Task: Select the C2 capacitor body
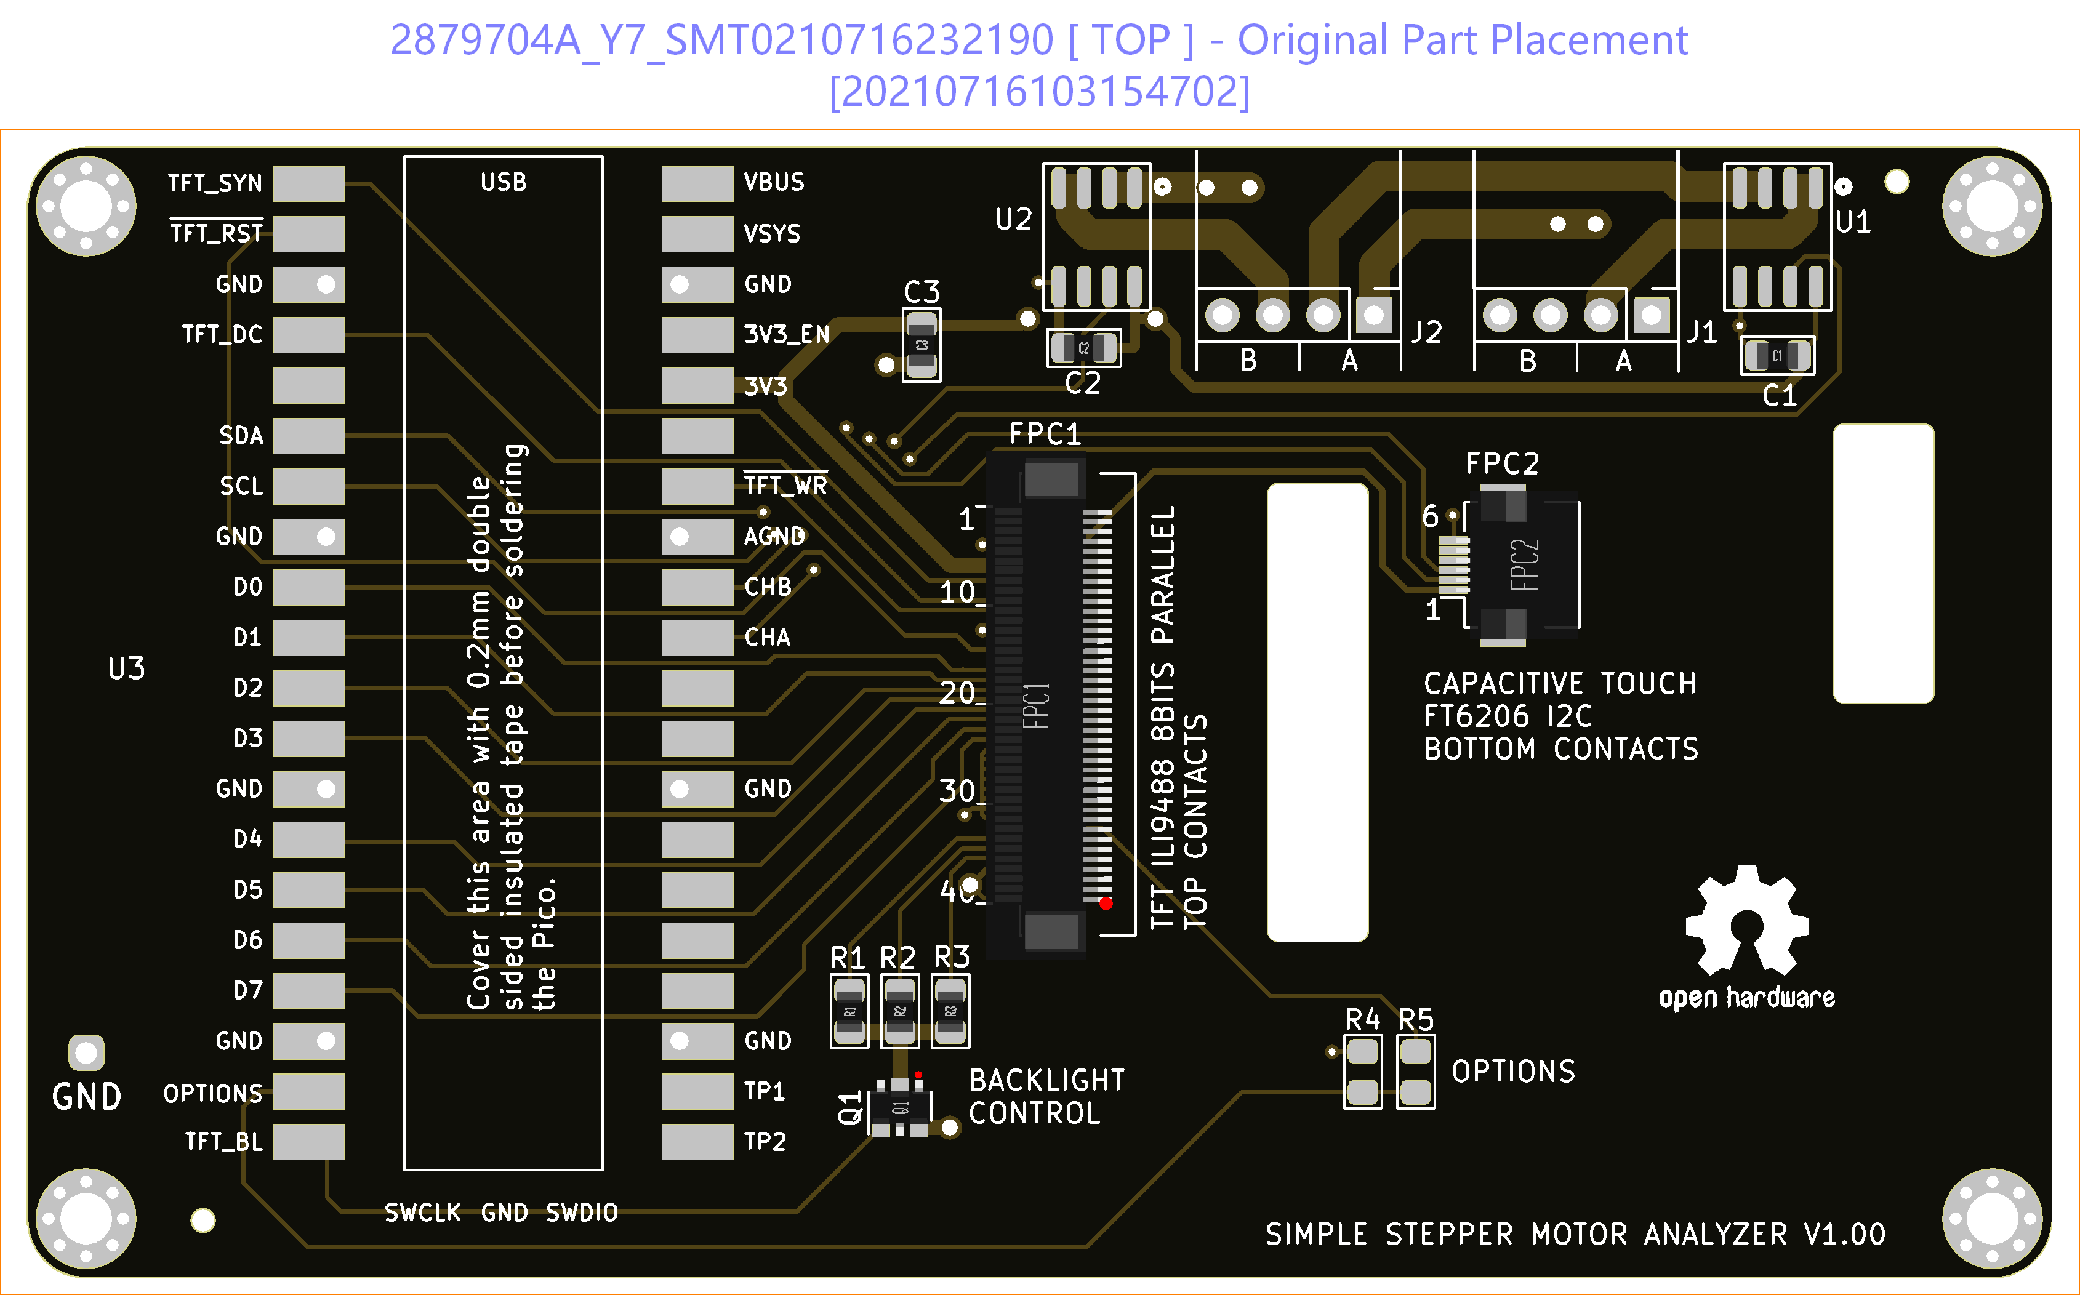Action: point(1083,348)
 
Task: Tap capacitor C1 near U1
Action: point(1777,355)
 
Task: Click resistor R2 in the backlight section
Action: point(900,1011)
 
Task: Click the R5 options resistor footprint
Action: point(1416,1072)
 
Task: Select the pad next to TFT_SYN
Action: point(308,183)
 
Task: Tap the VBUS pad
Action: point(697,183)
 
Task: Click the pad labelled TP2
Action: point(697,1142)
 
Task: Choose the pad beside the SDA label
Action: point(308,436)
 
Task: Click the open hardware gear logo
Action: point(1747,921)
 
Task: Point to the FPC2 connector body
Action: point(1524,565)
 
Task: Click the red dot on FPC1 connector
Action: point(1106,903)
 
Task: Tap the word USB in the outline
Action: point(504,182)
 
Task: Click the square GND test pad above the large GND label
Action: point(87,1052)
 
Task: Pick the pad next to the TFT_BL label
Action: point(308,1142)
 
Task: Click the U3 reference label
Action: point(127,668)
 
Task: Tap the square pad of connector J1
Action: point(1652,315)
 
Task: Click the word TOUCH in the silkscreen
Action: point(1647,683)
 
